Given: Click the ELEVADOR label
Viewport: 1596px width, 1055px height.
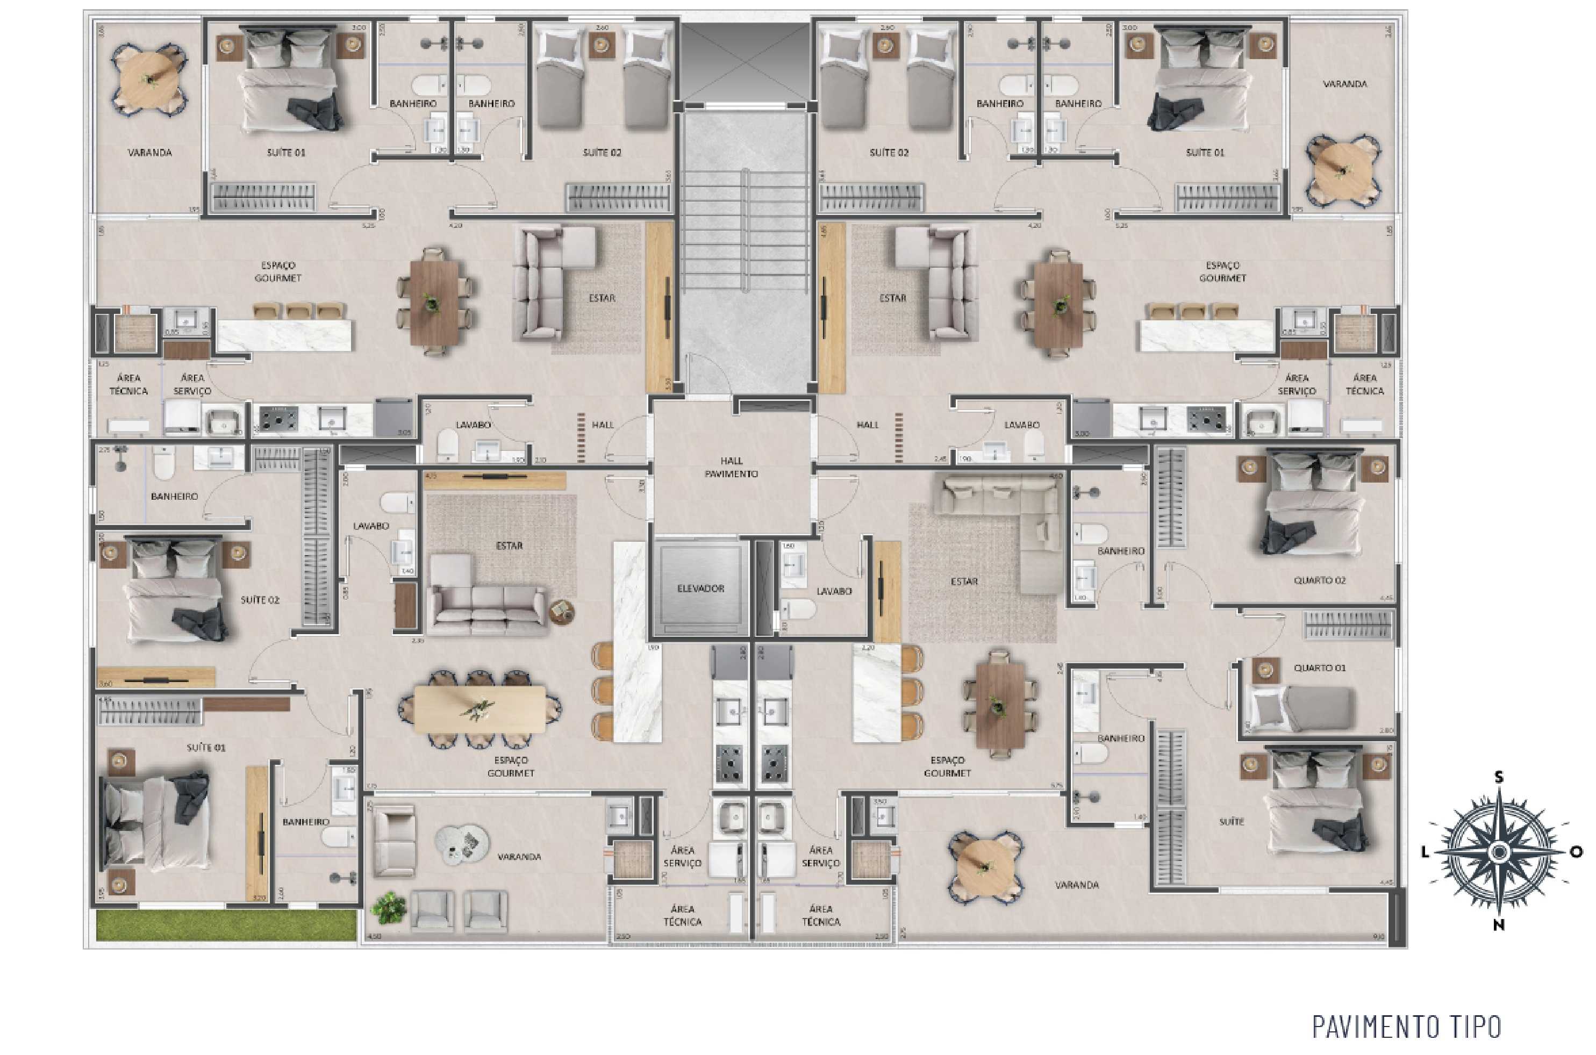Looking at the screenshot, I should (x=700, y=588).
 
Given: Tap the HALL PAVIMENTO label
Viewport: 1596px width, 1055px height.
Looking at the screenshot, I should (x=732, y=467).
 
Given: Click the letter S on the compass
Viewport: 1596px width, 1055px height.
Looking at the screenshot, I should (x=1499, y=778).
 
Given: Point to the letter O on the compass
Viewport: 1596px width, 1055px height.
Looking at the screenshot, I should (x=1576, y=852).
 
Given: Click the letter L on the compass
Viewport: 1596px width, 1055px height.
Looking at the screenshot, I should (x=1425, y=852).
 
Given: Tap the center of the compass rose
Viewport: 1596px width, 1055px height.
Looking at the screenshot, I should (x=1499, y=852).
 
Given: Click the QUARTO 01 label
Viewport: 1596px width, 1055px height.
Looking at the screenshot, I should (x=1320, y=668).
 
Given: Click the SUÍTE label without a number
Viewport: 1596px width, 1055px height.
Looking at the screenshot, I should (x=1232, y=822).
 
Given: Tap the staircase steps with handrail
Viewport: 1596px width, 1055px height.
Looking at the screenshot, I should (x=745, y=229).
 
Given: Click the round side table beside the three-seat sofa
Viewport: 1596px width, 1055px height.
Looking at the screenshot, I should (x=561, y=611).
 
